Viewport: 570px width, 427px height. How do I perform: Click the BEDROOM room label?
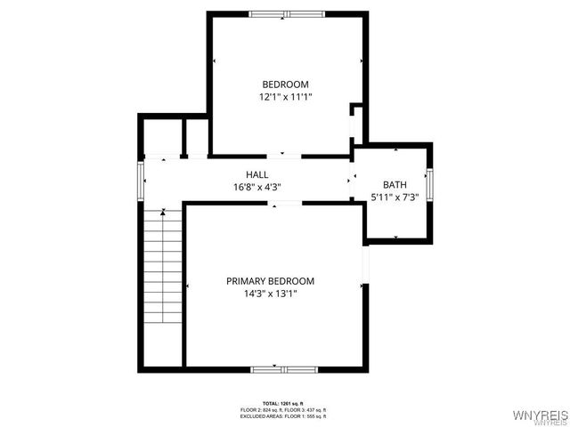[285, 85]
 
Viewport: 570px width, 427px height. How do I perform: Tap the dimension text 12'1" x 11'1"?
[285, 97]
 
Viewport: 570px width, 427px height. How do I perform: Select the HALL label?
[257, 174]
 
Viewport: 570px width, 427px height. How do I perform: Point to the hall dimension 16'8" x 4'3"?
[257, 188]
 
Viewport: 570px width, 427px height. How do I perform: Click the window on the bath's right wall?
[429, 183]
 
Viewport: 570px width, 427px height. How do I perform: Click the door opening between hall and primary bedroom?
[288, 204]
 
